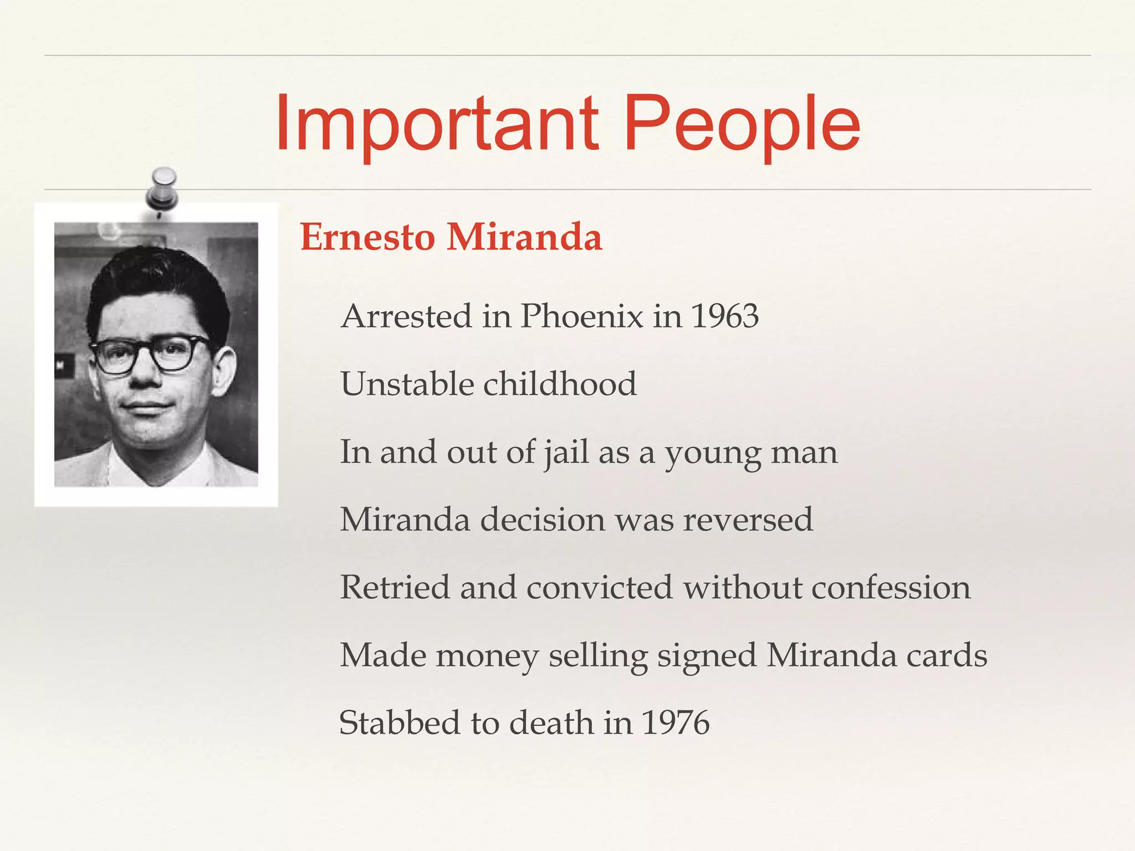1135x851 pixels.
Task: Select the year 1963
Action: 725,316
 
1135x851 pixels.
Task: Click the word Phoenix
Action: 582,316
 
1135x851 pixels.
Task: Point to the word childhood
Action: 560,384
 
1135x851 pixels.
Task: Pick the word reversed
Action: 748,520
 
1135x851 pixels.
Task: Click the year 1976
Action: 675,723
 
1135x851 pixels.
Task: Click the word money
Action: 487,655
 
